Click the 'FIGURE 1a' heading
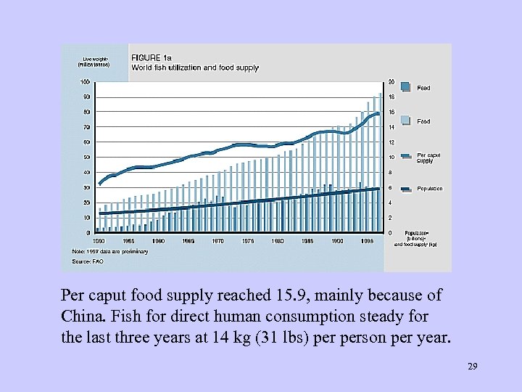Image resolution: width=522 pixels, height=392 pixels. (x=151, y=57)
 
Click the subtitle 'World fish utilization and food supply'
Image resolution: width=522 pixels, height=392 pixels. (x=194, y=68)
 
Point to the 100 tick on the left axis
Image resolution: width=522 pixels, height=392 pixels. (x=85, y=81)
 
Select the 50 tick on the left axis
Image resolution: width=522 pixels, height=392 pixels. (x=86, y=157)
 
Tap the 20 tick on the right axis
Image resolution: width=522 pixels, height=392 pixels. (x=392, y=81)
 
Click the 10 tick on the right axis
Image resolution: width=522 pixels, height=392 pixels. (x=392, y=157)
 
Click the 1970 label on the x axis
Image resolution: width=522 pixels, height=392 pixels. (x=217, y=240)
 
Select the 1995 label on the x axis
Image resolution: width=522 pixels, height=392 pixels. (x=368, y=240)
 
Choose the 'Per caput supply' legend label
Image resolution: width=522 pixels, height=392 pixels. (x=428, y=158)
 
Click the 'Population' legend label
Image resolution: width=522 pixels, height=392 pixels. (x=430, y=188)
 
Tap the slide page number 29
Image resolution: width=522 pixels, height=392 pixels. (x=473, y=368)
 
